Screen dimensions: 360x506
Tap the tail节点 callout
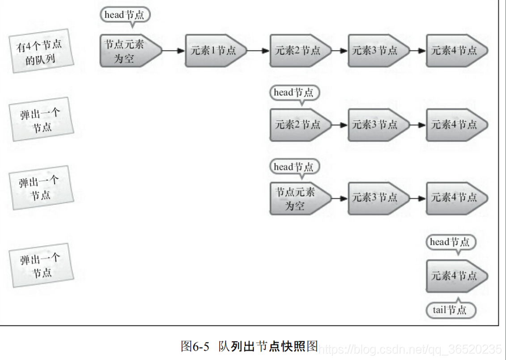pyautogui.click(x=451, y=310)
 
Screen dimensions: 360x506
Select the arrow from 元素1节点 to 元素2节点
pyautogui.click(x=259, y=51)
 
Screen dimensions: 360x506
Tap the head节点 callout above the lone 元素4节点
pyautogui.click(x=451, y=242)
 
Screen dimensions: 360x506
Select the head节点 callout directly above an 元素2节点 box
pyautogui.click(x=294, y=93)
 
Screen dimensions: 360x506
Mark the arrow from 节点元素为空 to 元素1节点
pyautogui.click(x=174, y=51)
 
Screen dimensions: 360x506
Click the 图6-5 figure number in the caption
pyautogui.click(x=195, y=346)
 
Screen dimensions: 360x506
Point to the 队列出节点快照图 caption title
pyautogui.click(x=268, y=346)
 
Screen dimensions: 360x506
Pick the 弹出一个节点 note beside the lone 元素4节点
pyautogui.click(x=42, y=265)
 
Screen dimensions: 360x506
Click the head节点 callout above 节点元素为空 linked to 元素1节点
pyautogui.click(x=125, y=15)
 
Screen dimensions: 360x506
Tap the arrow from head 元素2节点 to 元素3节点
pyautogui.click(x=340, y=124)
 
